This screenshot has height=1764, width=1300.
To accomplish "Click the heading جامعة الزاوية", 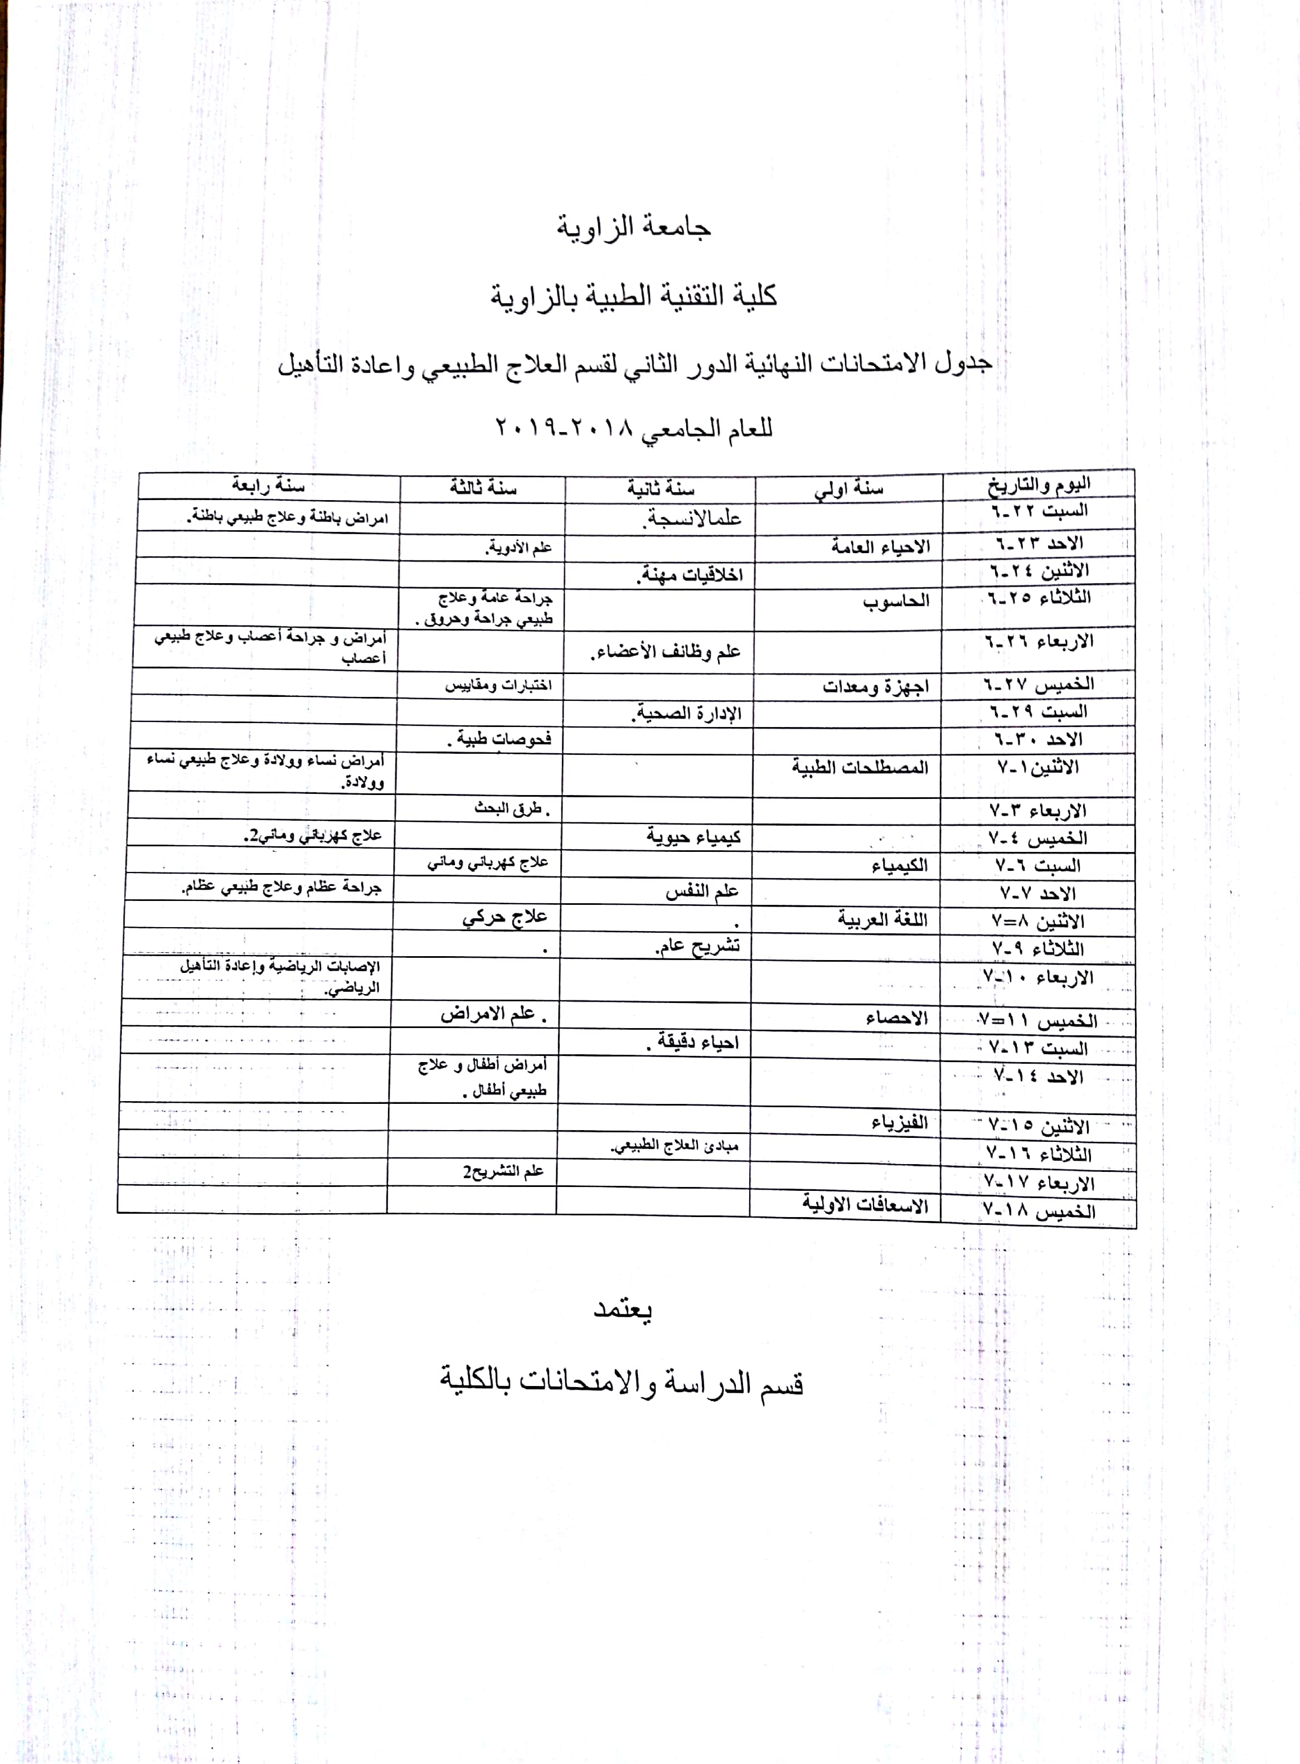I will coord(634,227).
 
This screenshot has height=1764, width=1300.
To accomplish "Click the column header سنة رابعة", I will coord(268,486).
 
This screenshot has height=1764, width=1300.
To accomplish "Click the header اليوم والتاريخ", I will coord(1039,484).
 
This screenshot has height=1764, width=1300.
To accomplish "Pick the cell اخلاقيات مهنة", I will coord(690,575).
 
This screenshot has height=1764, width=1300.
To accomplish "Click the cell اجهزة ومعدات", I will coord(876,687).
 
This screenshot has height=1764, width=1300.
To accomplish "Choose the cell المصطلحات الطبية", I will coord(860,767).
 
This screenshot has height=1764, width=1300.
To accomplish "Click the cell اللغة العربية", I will coord(882,919).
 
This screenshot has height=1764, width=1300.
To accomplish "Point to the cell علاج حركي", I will coord(505,918).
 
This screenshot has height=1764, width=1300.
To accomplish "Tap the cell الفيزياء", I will coord(899,1123).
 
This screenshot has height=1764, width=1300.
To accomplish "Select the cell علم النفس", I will coord(702,891).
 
